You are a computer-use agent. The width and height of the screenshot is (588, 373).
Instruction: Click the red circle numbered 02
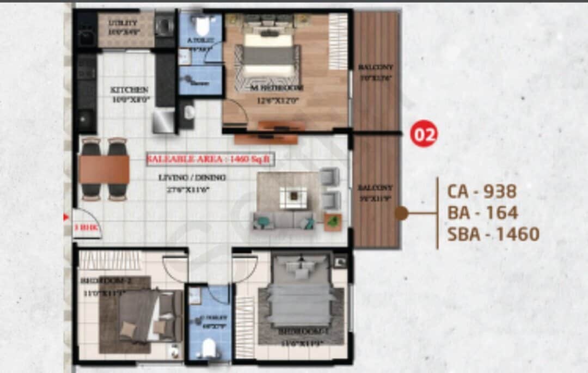[x=423, y=134]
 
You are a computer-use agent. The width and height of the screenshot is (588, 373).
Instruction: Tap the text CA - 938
[x=481, y=191]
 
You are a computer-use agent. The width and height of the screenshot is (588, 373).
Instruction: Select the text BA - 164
[x=482, y=212]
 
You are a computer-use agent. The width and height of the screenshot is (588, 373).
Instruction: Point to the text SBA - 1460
[x=493, y=234]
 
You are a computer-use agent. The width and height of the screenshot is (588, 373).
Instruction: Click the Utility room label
[x=124, y=23]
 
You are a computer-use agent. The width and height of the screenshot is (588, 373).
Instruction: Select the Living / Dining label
[x=192, y=178]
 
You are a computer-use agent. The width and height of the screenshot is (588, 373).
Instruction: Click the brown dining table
[x=104, y=169]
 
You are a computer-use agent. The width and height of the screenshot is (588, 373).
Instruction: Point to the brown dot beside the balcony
[x=402, y=213]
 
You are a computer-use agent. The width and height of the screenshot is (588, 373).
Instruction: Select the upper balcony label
[x=376, y=67]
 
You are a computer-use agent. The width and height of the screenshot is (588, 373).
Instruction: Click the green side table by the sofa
[x=332, y=221]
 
